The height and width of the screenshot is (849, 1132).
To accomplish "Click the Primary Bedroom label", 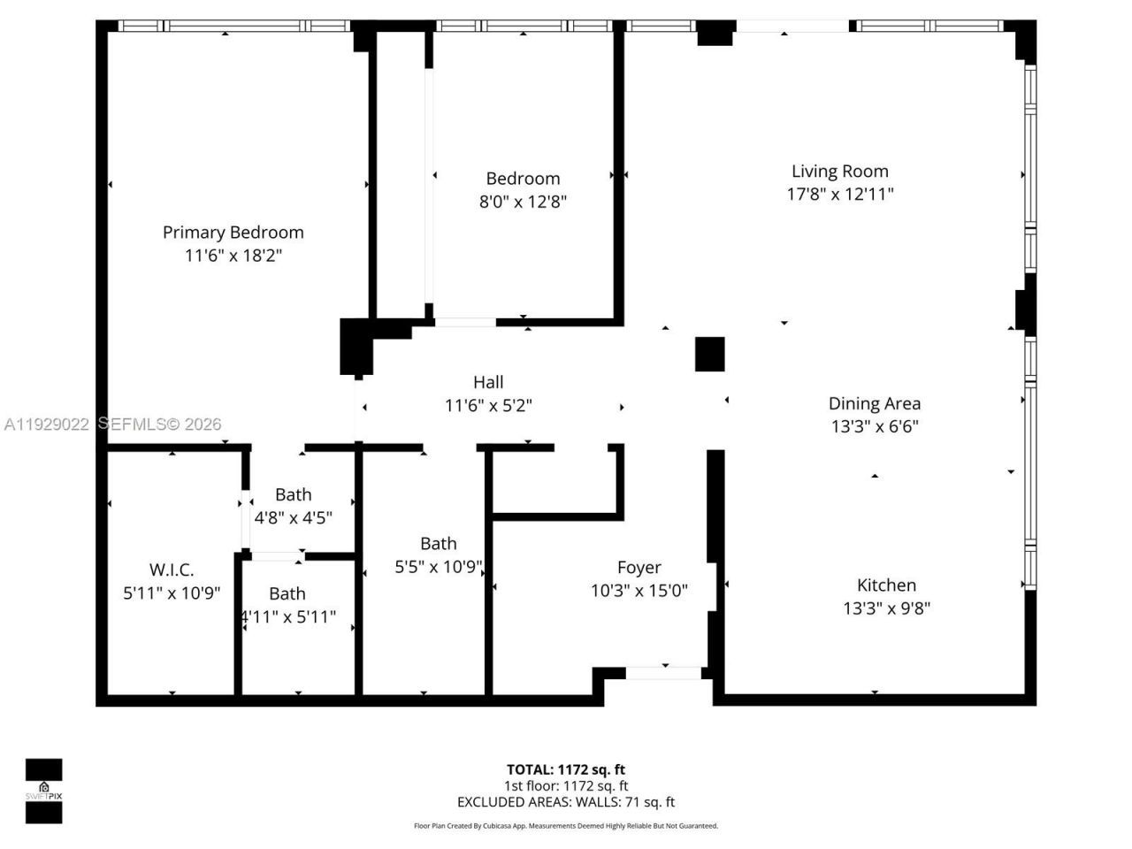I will click(x=233, y=233).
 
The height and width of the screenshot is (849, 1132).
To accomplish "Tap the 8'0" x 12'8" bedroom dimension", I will click(x=523, y=202).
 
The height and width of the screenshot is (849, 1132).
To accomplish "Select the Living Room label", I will click(x=839, y=172).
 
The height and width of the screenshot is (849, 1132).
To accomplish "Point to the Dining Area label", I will click(x=874, y=403).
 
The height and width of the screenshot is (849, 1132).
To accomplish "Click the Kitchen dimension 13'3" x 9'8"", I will click(x=886, y=608).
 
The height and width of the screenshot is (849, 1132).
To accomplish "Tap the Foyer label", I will click(x=639, y=568).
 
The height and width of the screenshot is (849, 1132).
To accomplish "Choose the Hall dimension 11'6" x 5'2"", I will click(x=488, y=406).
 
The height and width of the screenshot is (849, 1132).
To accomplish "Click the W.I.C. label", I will click(x=172, y=570).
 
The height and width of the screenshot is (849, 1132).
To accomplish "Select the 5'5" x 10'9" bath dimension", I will click(x=439, y=567).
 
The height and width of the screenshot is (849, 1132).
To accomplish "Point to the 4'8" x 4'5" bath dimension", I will click(x=293, y=518).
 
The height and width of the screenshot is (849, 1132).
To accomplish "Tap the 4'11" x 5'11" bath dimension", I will click(x=288, y=617).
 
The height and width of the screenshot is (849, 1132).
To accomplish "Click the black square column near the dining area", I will click(x=709, y=354).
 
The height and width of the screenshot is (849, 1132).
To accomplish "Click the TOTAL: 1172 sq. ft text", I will click(x=565, y=769).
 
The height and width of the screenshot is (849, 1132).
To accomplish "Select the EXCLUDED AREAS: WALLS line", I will click(x=565, y=802).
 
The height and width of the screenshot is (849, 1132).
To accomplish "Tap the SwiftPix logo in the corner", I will click(x=43, y=791).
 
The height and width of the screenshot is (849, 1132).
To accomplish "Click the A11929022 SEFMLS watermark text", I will click(x=112, y=424).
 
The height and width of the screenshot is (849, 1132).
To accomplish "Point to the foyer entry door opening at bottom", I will click(x=663, y=673).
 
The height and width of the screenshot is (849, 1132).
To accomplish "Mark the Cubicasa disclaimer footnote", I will click(x=565, y=826).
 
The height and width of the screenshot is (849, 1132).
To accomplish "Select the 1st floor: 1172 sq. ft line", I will click(x=565, y=785).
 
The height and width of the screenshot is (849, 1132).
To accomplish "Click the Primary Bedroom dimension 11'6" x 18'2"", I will click(x=233, y=256).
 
